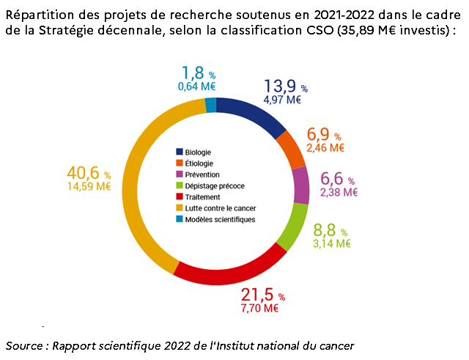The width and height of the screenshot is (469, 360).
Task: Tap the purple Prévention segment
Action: tap(300, 185)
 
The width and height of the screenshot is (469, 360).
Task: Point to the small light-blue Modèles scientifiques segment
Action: tap(211, 105)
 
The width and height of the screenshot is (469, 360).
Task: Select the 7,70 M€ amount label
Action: tap(259, 309)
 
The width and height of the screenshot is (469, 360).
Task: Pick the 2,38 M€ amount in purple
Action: tap(339, 193)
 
